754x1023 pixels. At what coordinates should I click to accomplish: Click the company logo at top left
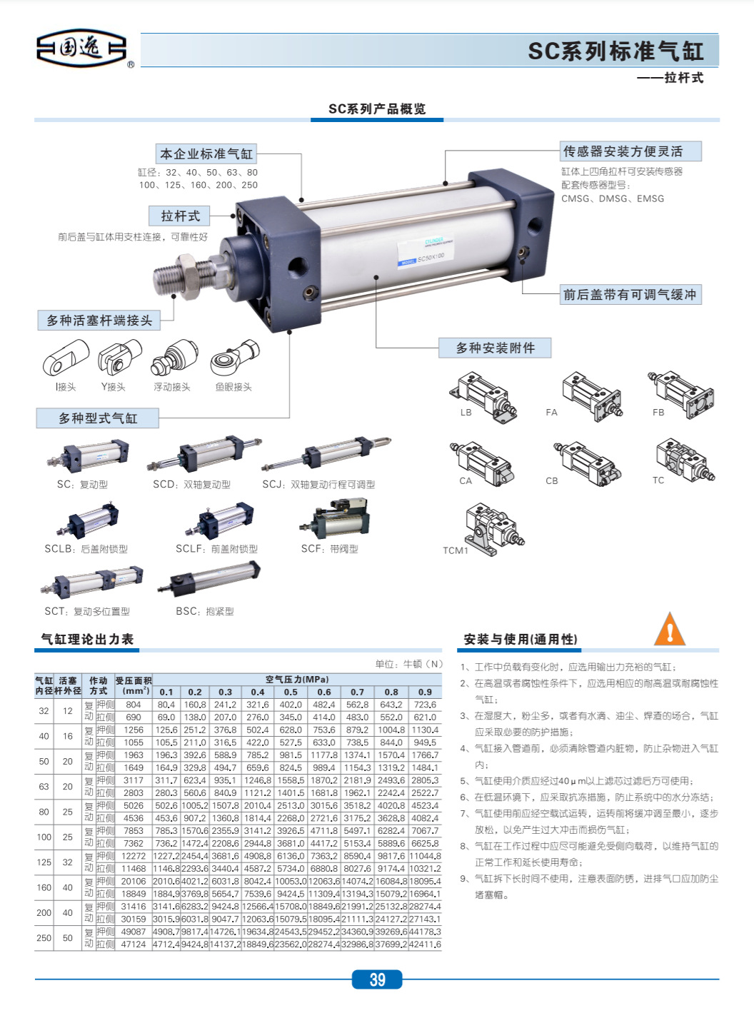click(x=81, y=48)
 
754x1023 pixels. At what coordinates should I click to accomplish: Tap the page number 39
click(x=377, y=979)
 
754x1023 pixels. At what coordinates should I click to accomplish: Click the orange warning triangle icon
click(x=669, y=630)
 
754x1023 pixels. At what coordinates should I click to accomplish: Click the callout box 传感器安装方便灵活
click(x=630, y=151)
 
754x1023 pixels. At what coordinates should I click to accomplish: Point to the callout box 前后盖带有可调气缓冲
click(x=630, y=295)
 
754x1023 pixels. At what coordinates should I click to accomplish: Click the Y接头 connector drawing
click(x=119, y=358)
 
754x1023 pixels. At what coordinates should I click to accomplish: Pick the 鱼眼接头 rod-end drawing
click(x=235, y=358)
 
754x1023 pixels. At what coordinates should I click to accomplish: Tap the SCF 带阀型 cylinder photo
click(x=336, y=518)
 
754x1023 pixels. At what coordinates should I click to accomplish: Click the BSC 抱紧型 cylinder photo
click(x=209, y=580)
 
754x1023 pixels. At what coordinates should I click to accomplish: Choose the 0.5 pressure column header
click(x=291, y=692)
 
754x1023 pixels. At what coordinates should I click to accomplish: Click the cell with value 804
click(x=134, y=705)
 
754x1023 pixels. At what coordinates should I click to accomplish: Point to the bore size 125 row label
click(x=44, y=862)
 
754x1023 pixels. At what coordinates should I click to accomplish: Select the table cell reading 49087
click(x=134, y=932)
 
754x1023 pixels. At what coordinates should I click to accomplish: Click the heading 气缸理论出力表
click(x=87, y=639)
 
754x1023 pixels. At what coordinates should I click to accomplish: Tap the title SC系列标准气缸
click(x=615, y=51)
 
